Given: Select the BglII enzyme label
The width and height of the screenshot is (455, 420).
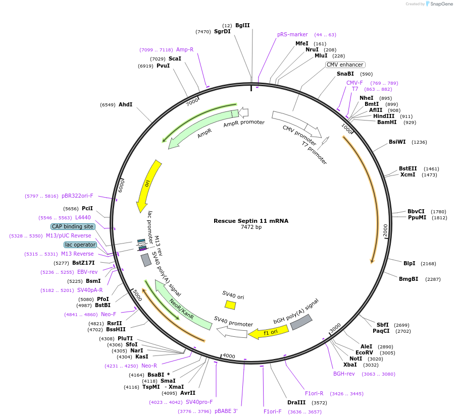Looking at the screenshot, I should coord(242,25).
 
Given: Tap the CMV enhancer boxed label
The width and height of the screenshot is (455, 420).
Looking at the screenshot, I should coord(345,65).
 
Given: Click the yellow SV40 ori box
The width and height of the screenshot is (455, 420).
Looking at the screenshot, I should coord(230,305).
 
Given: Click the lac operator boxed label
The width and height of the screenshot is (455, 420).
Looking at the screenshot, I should coord(80,245).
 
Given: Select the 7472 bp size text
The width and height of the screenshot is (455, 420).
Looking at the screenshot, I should coord(251,227).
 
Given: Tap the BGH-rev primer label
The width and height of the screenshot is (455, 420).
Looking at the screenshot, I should coord(344,374).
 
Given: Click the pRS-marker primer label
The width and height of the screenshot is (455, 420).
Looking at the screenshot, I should coord(292,35).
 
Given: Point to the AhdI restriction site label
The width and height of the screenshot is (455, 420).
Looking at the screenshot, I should coord(125,105).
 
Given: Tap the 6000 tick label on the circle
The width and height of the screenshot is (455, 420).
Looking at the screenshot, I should coord(121,185).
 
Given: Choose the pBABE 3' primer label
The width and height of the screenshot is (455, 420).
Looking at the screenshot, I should coord(226,411).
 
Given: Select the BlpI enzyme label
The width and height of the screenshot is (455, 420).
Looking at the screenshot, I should coord(409,263).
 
